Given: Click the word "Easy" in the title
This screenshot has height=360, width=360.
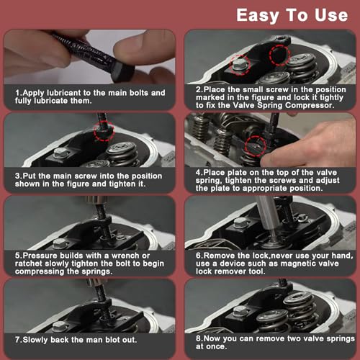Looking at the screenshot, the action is [257, 16].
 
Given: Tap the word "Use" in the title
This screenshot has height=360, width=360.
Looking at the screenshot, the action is [331, 15].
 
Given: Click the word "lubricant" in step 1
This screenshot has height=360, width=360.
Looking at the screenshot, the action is [64, 93].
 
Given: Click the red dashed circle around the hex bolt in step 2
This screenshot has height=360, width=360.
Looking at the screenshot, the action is [240, 65].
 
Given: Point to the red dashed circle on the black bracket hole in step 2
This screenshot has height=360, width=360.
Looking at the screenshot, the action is [279, 55].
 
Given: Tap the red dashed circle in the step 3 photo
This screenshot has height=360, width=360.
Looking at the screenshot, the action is [104, 131].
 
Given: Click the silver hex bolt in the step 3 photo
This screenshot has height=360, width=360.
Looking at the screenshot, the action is [60, 153].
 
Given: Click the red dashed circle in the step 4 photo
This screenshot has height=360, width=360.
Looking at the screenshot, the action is [256, 145].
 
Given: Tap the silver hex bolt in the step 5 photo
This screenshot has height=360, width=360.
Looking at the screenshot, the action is [59, 243].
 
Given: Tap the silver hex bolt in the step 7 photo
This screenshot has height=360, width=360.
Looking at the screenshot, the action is [58, 327].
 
